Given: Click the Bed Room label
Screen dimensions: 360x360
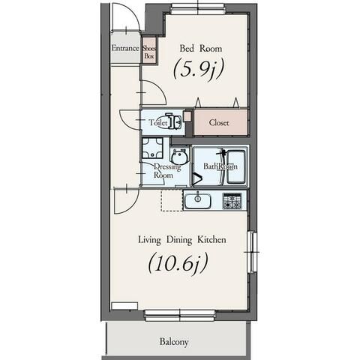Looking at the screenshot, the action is point(201,48).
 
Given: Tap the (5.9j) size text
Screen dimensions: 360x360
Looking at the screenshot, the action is point(198,69).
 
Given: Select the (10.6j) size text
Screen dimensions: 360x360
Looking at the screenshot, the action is point(178,264).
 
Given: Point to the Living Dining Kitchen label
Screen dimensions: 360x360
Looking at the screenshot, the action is point(182,240).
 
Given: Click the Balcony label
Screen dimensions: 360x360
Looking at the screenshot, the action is point(174,342).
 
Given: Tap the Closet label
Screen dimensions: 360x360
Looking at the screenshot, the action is point(219,122).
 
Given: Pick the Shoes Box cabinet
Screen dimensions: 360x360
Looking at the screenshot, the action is point(149,52).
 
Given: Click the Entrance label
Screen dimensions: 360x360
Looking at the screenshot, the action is point(125,48).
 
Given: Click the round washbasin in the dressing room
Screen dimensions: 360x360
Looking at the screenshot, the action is point(179,157).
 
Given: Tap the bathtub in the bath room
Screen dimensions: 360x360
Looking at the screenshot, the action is point(235,166).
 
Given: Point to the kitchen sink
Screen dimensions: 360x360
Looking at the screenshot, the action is point(197,201).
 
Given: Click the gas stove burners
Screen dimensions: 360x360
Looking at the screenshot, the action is point(232,201).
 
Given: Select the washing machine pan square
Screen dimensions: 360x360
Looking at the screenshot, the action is point(152,148).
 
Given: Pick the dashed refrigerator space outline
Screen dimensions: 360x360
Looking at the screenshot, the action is point(172,200).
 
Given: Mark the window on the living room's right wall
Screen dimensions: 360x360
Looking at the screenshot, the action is point(252,252).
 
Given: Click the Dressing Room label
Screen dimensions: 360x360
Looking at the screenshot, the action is point(166,171).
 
